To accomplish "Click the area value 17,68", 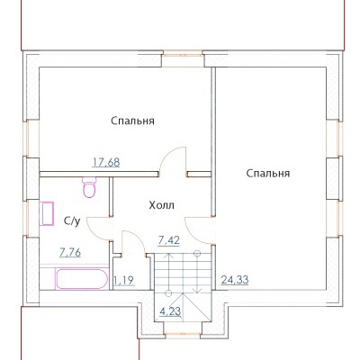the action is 106,162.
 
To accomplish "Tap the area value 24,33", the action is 235,280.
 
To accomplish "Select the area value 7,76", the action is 70,253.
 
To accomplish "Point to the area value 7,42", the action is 168,240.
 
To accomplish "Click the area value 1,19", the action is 123,281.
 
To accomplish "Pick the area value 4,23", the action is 170,311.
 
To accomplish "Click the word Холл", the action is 162,205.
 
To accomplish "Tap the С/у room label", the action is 72,221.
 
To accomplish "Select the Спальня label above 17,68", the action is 132,121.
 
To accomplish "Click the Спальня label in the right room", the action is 268,174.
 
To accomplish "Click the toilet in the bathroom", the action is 89,187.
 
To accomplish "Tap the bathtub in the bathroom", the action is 81,279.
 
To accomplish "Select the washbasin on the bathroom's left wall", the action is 47,213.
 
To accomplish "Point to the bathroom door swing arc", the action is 92,233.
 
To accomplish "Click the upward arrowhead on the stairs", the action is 169,256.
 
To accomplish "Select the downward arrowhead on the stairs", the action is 197,290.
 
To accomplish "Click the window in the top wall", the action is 183,55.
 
